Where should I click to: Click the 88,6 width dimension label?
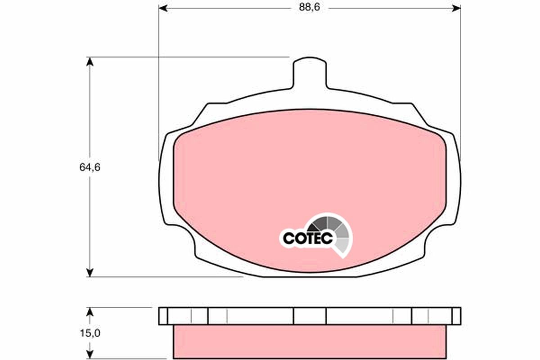click(x=309, y=8)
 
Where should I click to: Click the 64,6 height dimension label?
click(x=90, y=167)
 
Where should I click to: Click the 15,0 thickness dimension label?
click(x=90, y=333)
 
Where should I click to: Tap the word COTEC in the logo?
click(x=308, y=238)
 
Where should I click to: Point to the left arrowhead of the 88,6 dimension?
click(x=163, y=9)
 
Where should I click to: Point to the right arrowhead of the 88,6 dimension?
click(x=456, y=9)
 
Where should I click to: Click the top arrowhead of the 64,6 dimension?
click(x=90, y=62)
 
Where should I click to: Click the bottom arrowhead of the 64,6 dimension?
click(x=90, y=272)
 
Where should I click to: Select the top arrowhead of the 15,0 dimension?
click(x=90, y=312)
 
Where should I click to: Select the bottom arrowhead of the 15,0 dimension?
click(x=90, y=354)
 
